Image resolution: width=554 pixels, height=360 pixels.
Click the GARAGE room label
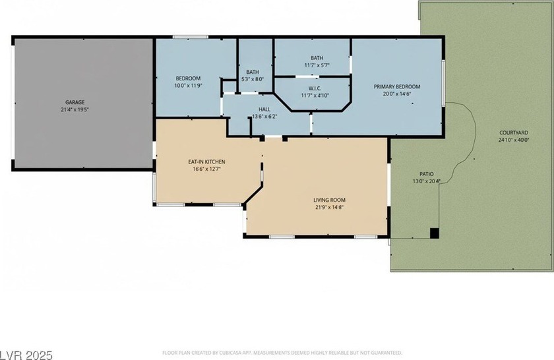(75, 102)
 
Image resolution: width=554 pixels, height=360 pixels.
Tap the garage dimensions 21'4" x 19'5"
(75, 109)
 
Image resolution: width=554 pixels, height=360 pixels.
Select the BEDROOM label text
(188, 78)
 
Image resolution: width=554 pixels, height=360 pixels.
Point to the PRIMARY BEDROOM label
(397, 86)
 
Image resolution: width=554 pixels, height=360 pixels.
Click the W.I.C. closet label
(315, 88)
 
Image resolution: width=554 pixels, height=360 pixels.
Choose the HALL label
(264, 109)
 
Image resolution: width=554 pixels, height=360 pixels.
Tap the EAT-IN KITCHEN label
(206, 162)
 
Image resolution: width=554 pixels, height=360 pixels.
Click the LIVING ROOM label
(329, 200)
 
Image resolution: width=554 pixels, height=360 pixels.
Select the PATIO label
(427, 174)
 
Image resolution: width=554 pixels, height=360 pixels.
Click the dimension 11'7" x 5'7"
(317, 65)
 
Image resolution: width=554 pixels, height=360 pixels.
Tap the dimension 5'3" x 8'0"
(252, 79)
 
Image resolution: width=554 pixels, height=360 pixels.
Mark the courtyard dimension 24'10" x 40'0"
(514, 140)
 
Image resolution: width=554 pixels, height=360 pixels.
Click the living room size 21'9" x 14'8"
(329, 208)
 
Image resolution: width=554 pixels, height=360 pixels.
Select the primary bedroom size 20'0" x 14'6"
(397, 94)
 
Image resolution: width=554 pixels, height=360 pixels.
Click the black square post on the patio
(434, 233)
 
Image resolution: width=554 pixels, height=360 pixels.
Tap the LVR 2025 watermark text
(26, 355)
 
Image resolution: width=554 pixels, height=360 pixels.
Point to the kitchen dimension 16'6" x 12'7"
(206, 169)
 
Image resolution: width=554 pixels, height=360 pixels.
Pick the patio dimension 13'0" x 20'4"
(427, 181)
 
